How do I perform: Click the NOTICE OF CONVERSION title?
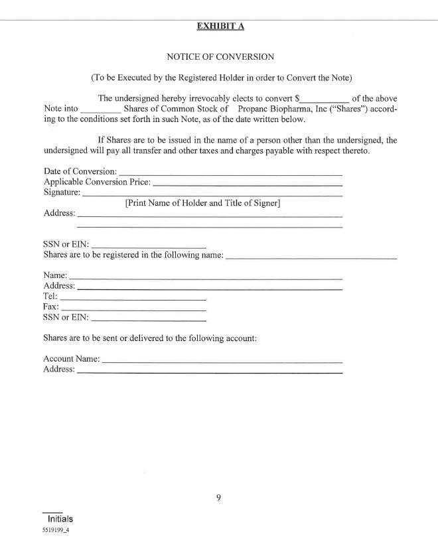[220, 57]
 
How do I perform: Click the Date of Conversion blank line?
[230, 174]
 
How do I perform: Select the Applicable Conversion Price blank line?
[248, 184]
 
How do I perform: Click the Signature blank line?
[212, 195]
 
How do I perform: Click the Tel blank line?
[133, 299]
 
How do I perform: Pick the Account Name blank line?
[222, 362]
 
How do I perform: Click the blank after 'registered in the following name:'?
[311, 256]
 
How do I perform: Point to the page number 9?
[218, 498]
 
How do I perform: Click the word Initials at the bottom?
[60, 519]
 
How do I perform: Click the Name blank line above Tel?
[206, 277]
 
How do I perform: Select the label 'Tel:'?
[50, 296]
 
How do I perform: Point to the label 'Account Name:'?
[72, 359]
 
